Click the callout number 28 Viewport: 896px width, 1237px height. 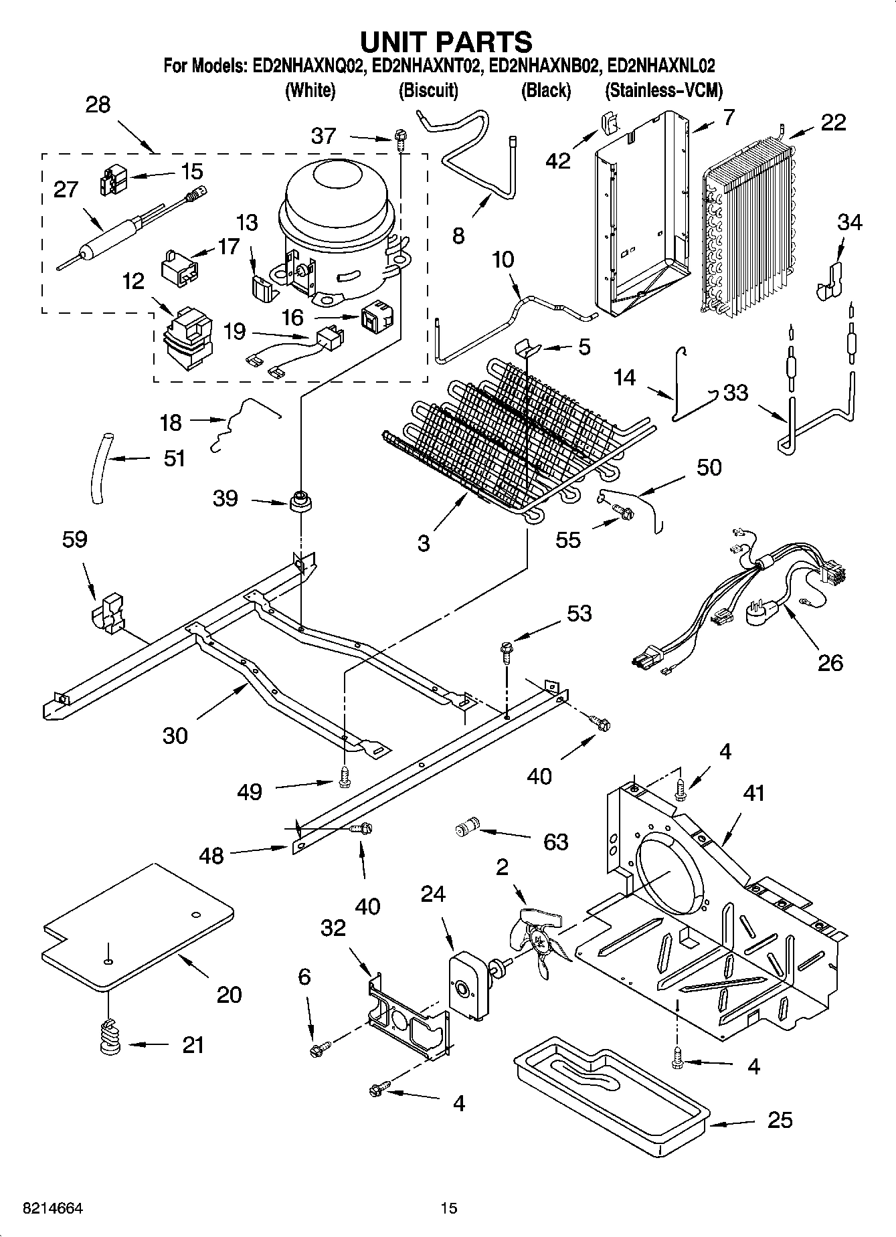tap(98, 105)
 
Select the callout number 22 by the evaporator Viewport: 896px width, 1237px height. tap(833, 122)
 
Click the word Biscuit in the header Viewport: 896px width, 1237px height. tap(428, 90)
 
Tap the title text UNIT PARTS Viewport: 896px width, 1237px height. tap(446, 41)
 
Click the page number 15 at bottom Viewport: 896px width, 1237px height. tap(448, 1208)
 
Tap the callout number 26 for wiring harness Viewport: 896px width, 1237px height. tap(830, 662)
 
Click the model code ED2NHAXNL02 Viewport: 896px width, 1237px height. tap(661, 66)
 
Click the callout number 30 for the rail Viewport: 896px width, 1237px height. tap(175, 735)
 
